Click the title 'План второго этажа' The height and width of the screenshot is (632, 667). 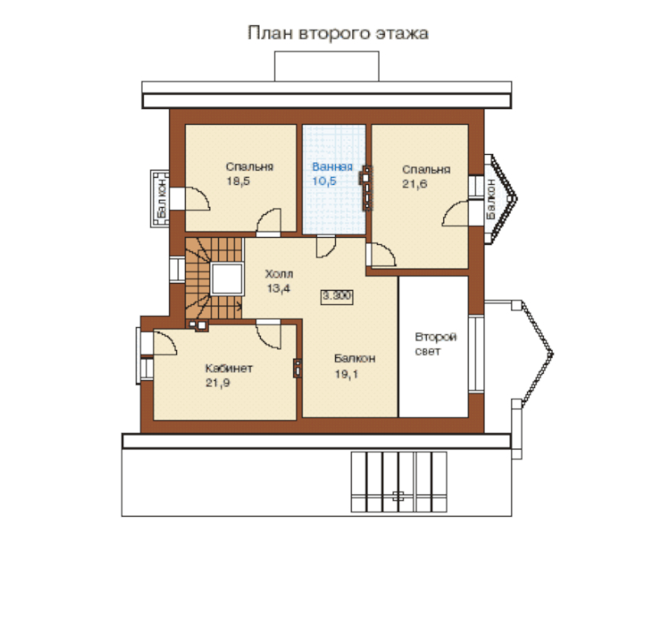pos(337,33)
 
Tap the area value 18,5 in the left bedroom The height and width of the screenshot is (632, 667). pos(238,181)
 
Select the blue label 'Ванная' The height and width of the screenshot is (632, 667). pos(332,167)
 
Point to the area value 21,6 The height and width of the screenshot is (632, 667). pos(415,184)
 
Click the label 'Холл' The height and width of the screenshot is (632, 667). pos(279,273)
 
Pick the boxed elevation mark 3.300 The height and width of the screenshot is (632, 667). pos(337,295)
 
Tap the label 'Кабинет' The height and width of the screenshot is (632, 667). pos(229,368)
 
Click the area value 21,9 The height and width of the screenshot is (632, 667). pos(218,383)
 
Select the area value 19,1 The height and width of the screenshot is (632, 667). pos(346,374)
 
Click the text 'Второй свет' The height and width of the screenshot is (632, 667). pos(435,344)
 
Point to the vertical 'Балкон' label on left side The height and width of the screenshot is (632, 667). pos(162,198)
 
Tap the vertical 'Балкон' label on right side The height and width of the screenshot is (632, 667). pos(491,198)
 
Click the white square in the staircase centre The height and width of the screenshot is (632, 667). pos(227,279)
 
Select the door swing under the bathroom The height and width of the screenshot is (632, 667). pos(326,246)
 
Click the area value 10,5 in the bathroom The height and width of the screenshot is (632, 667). pos(324,181)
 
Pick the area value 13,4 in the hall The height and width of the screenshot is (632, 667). pos(279,288)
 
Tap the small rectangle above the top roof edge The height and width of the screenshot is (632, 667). pos(326,66)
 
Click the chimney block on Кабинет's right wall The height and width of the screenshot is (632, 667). pos(297,368)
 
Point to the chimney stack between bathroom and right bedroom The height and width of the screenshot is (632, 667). pos(367,187)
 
